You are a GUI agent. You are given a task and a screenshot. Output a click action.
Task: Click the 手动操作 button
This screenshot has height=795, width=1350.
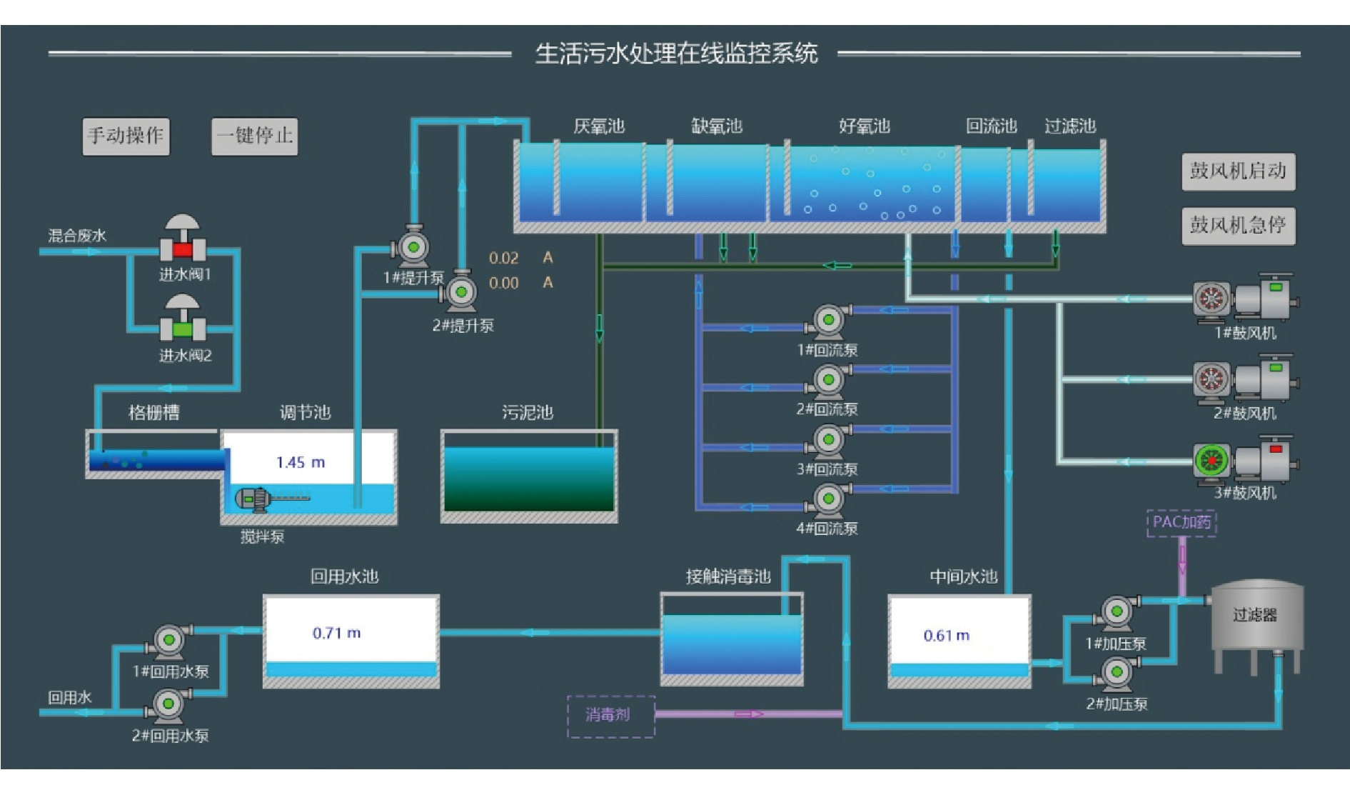click(126, 136)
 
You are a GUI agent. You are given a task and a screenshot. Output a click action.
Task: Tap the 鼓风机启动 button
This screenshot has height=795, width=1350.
click(1238, 171)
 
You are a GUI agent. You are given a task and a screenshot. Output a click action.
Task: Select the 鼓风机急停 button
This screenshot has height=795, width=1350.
click(1238, 226)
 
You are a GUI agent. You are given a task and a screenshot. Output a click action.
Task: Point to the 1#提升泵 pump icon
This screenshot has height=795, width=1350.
click(413, 247)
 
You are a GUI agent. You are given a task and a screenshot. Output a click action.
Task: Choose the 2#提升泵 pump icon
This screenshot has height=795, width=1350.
click(461, 292)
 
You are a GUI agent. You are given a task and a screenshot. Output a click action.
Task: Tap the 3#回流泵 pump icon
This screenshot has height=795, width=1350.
click(828, 440)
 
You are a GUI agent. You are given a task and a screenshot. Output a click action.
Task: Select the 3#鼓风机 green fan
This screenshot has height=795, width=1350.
click(1212, 461)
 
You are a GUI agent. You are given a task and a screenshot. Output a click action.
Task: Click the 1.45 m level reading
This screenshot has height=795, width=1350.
click(301, 463)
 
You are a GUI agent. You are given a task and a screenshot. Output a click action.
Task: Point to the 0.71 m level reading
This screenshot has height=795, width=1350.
click(336, 634)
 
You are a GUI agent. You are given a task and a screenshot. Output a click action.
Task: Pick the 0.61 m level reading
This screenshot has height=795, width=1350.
click(946, 636)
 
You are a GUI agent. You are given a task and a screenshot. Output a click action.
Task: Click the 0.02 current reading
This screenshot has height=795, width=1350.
click(503, 259)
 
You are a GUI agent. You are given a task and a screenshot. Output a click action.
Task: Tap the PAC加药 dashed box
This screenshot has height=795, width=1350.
click(1182, 523)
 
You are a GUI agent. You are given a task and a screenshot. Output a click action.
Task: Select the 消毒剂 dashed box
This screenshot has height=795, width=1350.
click(610, 715)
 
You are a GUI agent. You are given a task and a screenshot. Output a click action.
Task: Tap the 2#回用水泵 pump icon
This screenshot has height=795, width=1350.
click(168, 704)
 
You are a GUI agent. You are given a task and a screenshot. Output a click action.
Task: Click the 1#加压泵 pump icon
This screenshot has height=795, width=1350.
click(1117, 611)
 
